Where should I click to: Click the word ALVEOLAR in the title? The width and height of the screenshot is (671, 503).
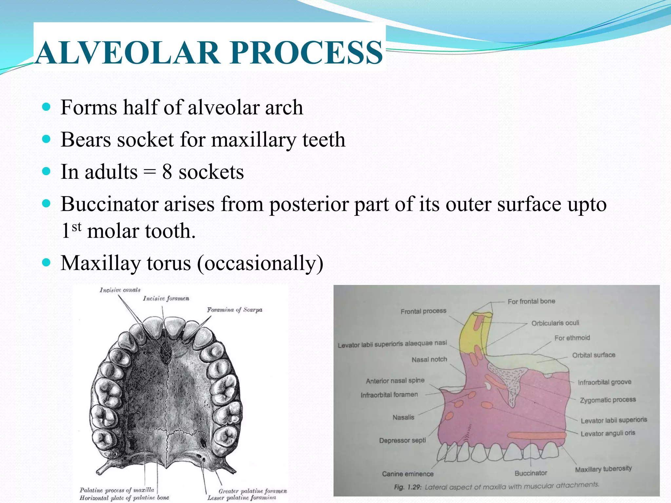(128, 52)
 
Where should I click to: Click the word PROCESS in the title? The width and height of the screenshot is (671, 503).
(306, 52)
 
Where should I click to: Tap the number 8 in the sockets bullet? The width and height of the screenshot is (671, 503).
(167, 172)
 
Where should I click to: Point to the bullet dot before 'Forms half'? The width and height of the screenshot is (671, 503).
(47, 107)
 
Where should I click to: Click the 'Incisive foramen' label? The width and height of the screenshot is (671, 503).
(166, 298)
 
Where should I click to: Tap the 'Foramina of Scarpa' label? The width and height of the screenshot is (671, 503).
(234, 310)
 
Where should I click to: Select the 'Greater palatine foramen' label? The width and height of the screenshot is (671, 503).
(252, 491)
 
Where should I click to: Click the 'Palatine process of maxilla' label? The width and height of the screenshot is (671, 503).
(117, 490)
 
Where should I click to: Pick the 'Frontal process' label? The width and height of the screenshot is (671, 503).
(423, 311)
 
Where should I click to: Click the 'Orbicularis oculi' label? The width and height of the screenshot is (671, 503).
(555, 323)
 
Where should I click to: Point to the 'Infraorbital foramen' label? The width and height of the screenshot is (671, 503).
(389, 395)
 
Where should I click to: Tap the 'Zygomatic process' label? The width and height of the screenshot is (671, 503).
(607, 400)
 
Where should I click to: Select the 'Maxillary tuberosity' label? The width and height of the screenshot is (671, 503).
(603, 469)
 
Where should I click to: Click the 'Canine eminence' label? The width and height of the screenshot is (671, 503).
(408, 474)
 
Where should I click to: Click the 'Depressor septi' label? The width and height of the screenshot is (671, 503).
(402, 440)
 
